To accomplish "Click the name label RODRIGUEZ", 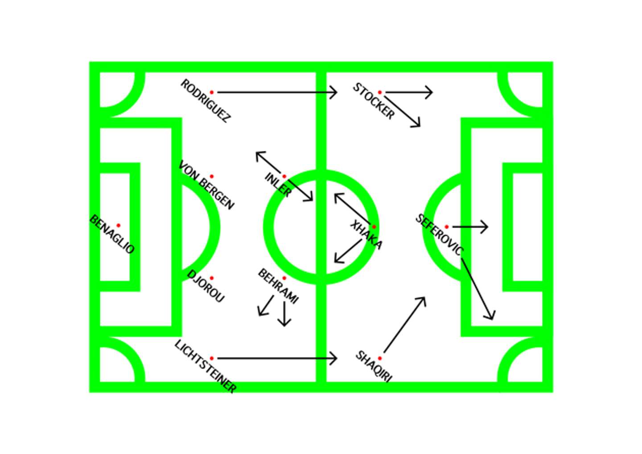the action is [205, 101].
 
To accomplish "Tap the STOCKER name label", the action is [374, 101].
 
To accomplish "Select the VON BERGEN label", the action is [206, 185].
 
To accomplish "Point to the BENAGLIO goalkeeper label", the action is [112, 234].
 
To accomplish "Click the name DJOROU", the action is [206, 287].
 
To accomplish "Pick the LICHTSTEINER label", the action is [205, 367].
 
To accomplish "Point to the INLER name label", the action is [278, 185].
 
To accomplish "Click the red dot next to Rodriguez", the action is [212, 92].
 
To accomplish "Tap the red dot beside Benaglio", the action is [118, 225].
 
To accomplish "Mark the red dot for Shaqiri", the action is [380, 358].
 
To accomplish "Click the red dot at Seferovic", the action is [446, 227].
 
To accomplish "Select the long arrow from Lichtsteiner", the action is [276, 358].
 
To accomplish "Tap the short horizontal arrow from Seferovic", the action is [470, 227].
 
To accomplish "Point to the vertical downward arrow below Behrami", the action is [284, 314].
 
